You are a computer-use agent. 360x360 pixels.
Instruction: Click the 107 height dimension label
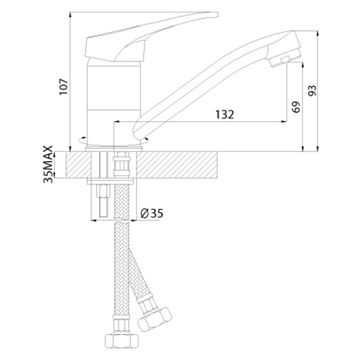(64, 87)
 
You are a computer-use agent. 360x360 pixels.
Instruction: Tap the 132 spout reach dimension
(225, 114)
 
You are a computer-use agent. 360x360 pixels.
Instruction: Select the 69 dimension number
(296, 107)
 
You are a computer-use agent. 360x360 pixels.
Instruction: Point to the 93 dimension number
(312, 91)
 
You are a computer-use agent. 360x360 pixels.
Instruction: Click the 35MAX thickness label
(49, 164)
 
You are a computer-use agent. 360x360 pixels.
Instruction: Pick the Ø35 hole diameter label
(152, 213)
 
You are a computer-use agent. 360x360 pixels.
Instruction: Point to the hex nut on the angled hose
(155, 319)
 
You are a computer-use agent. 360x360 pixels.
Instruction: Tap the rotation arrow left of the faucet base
(82, 140)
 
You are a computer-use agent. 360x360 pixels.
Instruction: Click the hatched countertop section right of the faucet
(177, 165)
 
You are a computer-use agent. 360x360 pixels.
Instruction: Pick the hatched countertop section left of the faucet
(78, 165)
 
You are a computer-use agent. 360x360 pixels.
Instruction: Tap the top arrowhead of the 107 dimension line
(70, 15)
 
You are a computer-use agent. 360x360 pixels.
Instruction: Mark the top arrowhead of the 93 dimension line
(318, 34)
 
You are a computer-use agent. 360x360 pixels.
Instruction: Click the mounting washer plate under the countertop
(110, 182)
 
